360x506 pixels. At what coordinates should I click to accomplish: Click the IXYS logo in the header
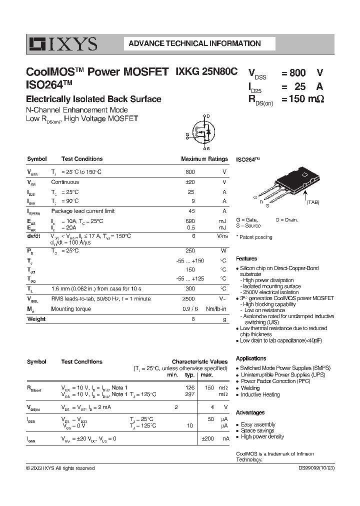click(x=62, y=44)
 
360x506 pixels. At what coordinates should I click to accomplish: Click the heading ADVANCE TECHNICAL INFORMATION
click(x=194, y=43)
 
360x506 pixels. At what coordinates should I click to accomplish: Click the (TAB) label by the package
click(x=313, y=202)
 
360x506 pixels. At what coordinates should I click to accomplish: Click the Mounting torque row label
click(x=71, y=309)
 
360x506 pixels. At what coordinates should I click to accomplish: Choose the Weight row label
click(x=36, y=319)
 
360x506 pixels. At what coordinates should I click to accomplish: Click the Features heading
click(x=246, y=258)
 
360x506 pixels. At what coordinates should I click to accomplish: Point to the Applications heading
click(x=250, y=358)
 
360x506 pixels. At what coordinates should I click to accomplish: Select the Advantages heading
click(x=250, y=412)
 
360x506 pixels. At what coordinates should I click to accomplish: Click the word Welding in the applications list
click(x=250, y=388)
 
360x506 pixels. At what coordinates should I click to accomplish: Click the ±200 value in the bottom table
click(x=207, y=438)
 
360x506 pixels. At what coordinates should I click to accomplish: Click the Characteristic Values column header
click(x=199, y=361)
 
